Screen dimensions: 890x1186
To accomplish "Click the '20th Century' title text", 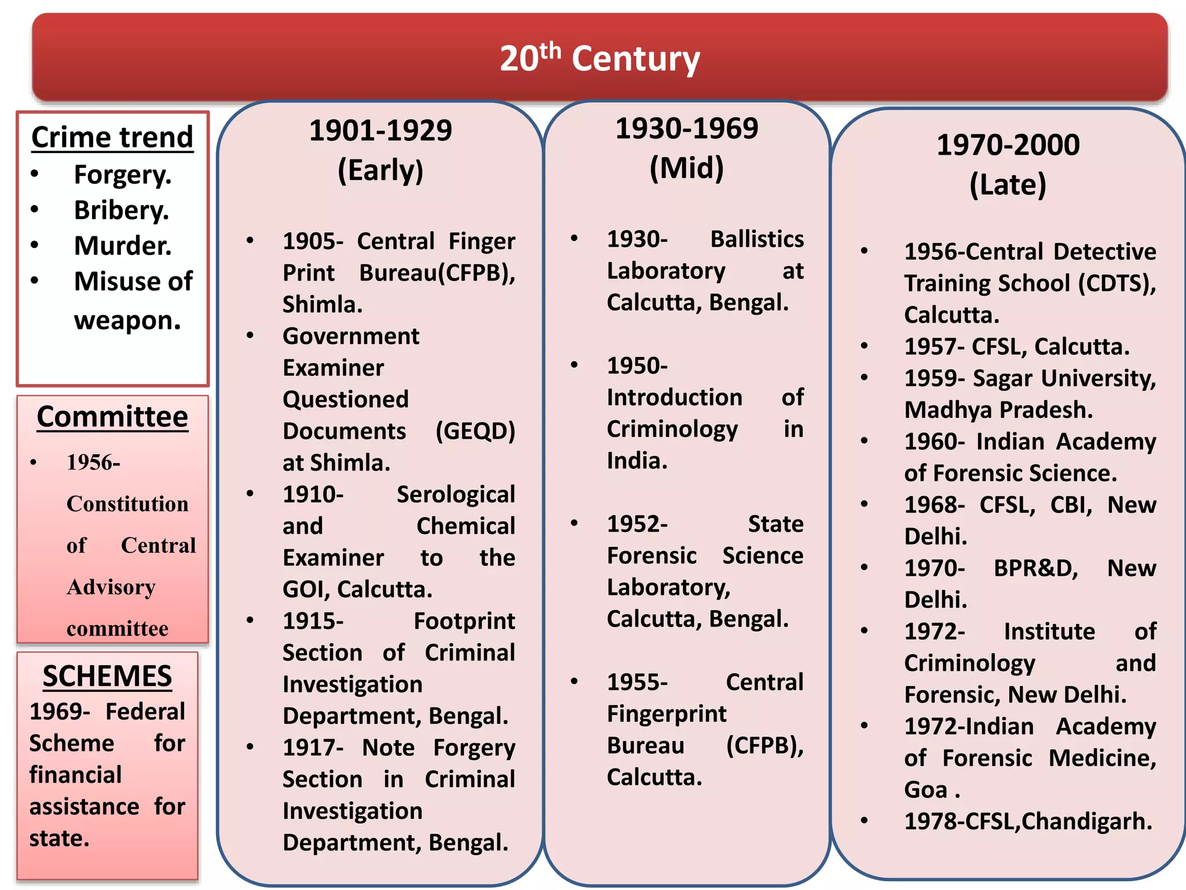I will pos(600,59).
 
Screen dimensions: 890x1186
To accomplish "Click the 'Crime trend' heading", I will pos(112,138).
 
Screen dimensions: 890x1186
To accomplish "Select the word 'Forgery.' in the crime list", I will pos(123,175).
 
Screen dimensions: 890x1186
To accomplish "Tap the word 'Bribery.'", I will pos(122,210).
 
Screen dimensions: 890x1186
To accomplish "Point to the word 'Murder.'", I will pos(123,246).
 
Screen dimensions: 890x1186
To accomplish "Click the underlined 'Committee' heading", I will pos(112,417).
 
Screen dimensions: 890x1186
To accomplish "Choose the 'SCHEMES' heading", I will pos(107,676).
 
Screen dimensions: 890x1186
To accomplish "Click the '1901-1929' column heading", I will pos(380,130).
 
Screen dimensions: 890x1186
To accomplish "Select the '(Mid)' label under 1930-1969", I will pos(686,168).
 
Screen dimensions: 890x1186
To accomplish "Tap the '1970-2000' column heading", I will pos(1008,145).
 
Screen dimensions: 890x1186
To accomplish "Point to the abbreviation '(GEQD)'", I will pos(475,431).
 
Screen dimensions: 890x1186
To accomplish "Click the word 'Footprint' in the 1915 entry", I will pos(464,621).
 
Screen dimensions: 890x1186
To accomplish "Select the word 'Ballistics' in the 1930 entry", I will pos(757,239).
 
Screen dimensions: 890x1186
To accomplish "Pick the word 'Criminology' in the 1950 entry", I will pos(672,429).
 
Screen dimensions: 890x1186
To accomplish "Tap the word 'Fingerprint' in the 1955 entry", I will pos(667,714).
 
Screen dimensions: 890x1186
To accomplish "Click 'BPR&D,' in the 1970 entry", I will pos(1035,568).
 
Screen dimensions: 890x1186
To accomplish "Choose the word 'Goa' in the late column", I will pos(925,790).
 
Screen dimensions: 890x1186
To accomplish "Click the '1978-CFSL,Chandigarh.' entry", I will pos(1028,822).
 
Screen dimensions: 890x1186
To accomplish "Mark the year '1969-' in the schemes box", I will pos(60,712).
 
